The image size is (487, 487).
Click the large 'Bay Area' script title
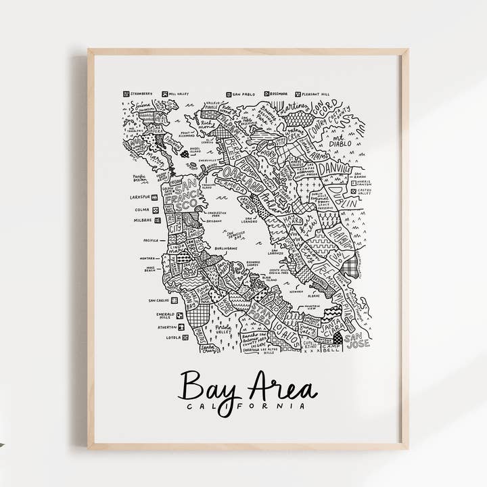tap(246, 388)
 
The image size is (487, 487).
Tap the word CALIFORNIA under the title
tap(246, 406)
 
